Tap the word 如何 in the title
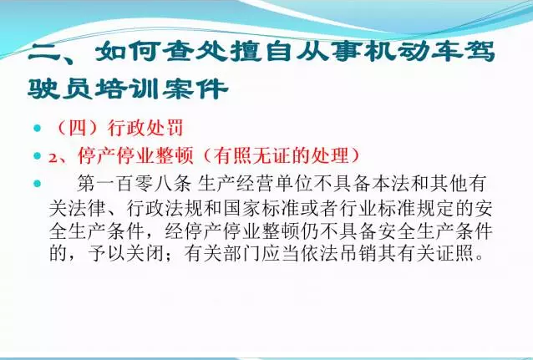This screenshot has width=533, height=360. pos(128,53)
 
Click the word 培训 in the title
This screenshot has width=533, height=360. pos(127,89)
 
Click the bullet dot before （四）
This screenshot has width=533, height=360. pos(37,129)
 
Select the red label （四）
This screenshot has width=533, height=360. pos(79,128)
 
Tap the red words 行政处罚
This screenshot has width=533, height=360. pos(145,128)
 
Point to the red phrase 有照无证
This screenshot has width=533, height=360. pos(261,155)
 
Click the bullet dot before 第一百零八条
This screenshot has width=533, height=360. pos(37,184)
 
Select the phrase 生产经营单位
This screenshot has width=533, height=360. pos(254,184)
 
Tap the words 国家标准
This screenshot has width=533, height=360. pos(262,208)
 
